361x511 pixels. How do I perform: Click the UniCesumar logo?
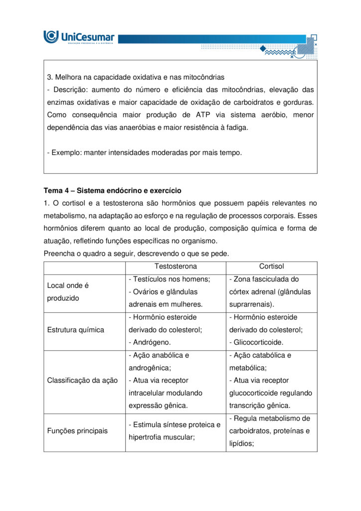click(x=79, y=37)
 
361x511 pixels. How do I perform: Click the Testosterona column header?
click(x=176, y=266)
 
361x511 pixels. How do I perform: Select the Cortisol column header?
click(x=271, y=266)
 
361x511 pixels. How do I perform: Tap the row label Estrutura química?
click(x=75, y=330)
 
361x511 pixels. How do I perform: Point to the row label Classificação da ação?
click(x=82, y=380)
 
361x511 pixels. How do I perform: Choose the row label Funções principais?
click(x=77, y=431)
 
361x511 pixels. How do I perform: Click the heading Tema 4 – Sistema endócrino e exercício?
click(x=112, y=191)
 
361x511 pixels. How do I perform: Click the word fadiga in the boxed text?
click(x=234, y=127)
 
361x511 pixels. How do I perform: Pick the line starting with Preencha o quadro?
click(x=136, y=254)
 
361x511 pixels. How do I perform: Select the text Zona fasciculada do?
click(x=266, y=279)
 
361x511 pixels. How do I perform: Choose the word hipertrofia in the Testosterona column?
click(x=146, y=437)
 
